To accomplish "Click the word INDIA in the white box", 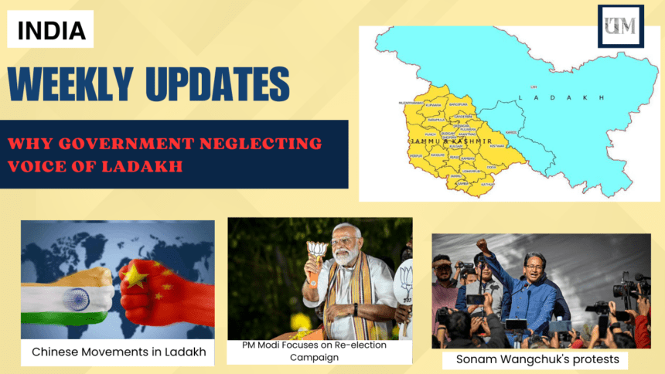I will click(51, 30).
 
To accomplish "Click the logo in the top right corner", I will click(620, 26).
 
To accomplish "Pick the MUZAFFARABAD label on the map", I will click(411, 101).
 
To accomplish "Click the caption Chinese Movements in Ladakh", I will click(118, 352).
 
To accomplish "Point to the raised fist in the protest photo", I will click(483, 245).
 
